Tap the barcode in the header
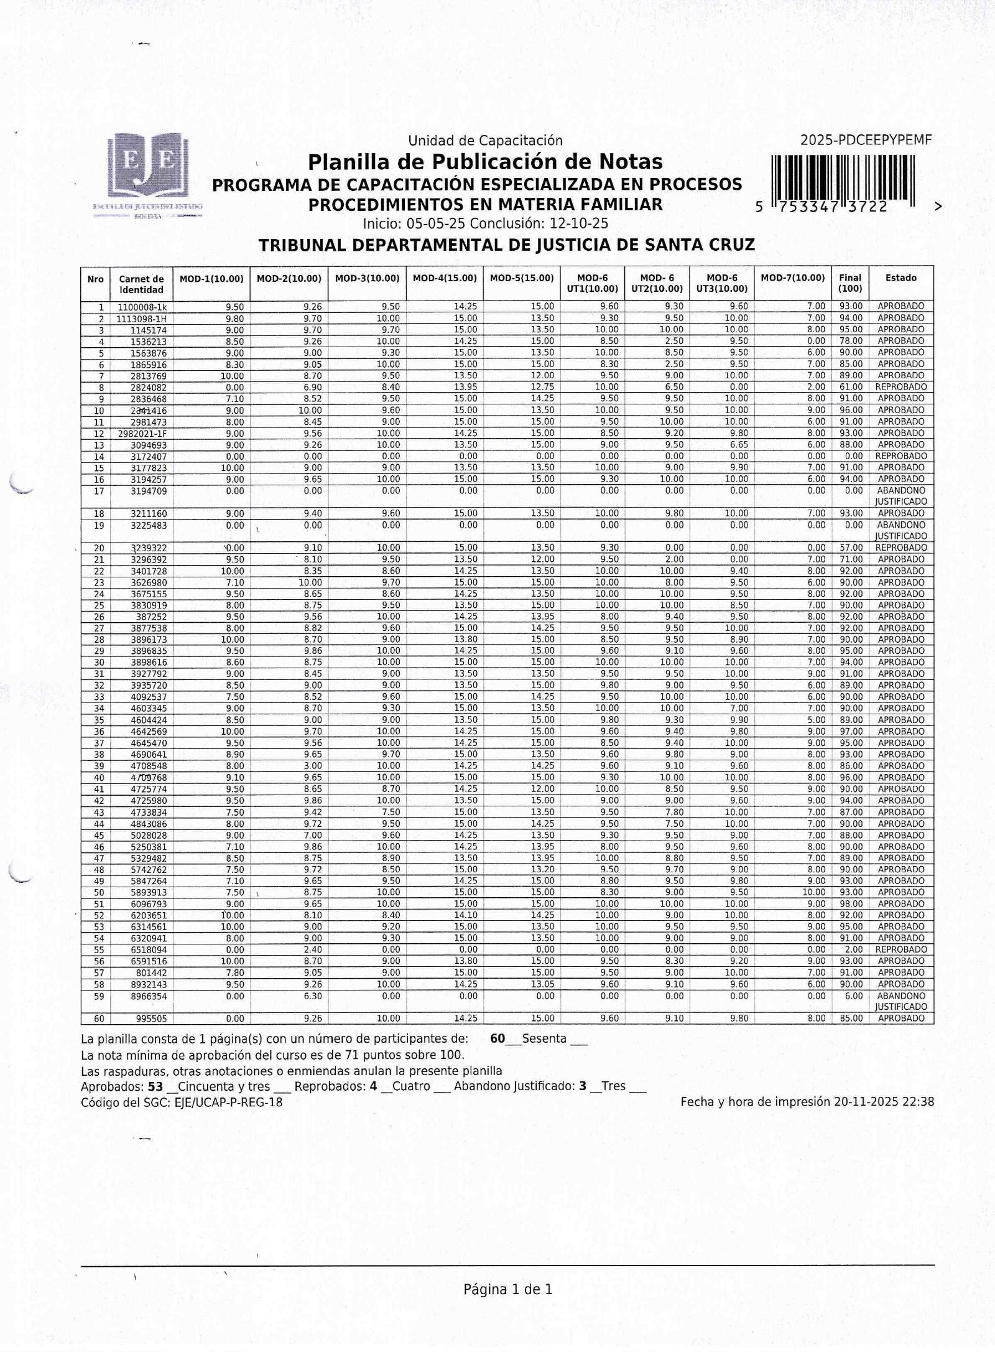[x=843, y=177]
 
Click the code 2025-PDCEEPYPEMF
[x=866, y=141]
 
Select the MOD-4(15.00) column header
[x=445, y=279]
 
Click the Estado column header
[x=901, y=278]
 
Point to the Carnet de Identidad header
[x=141, y=284]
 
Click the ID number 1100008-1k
[x=142, y=307]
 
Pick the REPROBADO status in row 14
[x=901, y=456]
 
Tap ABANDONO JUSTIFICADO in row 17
[x=901, y=496]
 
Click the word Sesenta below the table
[x=544, y=1038]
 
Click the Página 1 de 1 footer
[x=507, y=1290]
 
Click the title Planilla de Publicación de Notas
[x=485, y=162]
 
